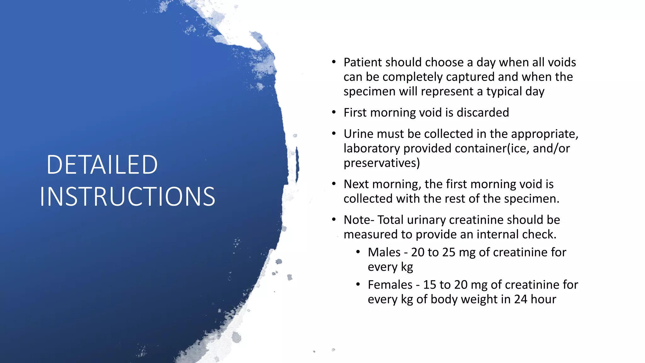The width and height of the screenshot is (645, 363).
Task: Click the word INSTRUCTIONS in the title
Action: pos(128,197)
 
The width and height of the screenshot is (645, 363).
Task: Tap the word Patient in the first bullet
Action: pos(362,62)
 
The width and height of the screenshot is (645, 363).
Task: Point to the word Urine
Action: pos(358,134)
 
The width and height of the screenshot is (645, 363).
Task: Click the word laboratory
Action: pos(372,148)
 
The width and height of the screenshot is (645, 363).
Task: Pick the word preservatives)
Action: pos(382,163)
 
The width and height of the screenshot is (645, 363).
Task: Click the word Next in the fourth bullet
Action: pos(356,184)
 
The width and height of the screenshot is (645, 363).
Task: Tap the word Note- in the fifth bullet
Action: pos(359,220)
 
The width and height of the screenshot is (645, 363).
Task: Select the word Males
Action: pos(384,252)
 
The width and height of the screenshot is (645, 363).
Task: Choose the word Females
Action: pos(390,285)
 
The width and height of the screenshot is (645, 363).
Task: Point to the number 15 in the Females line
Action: pos(429,285)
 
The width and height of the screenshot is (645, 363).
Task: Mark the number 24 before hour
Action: pos(521,299)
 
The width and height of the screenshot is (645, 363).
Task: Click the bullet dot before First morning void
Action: pos(334,112)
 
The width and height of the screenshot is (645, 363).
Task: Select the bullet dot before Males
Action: pos(358,252)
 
